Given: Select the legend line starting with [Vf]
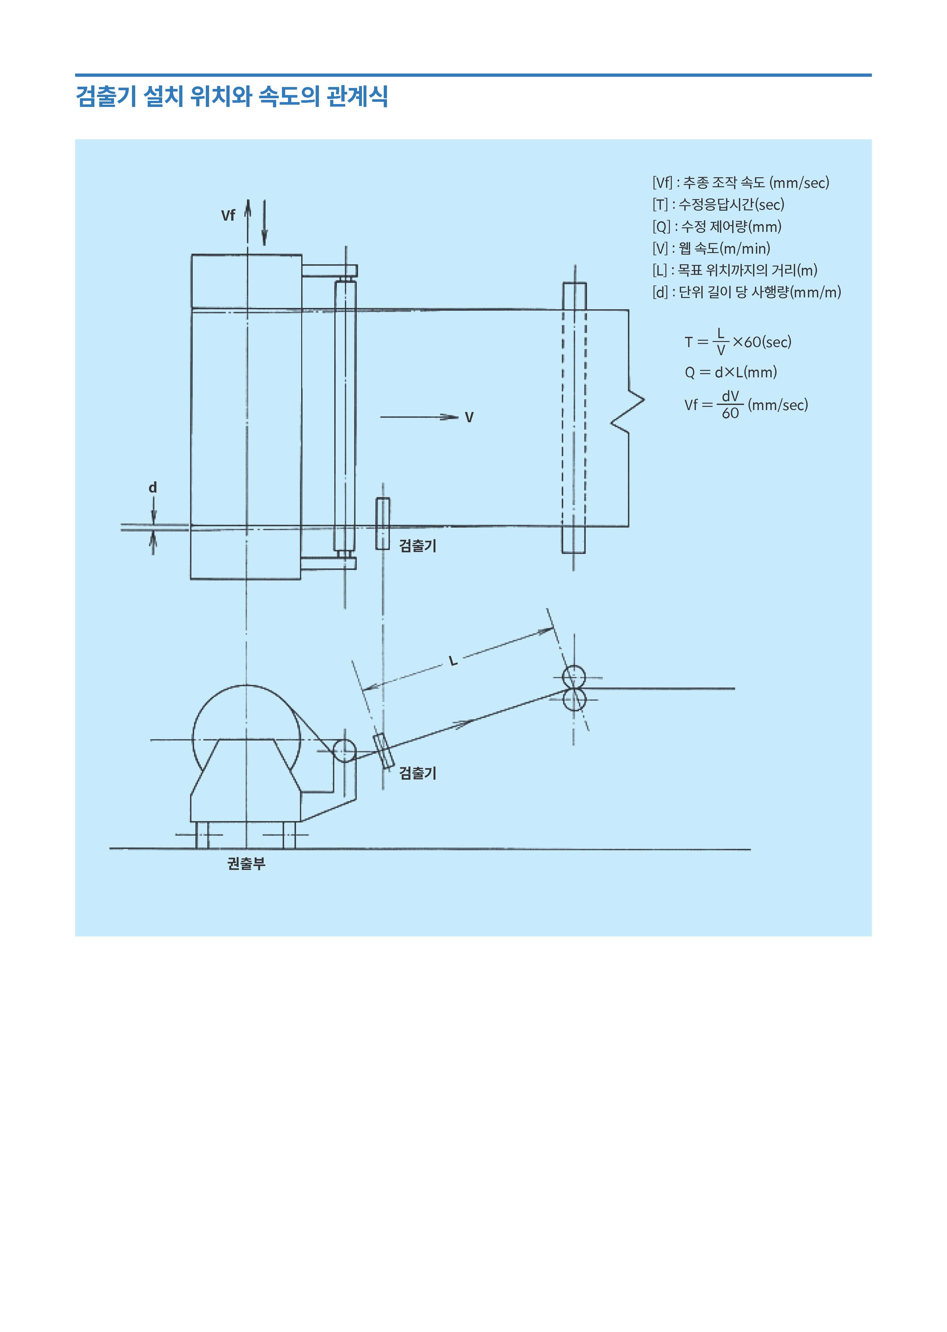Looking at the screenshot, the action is pos(741,182).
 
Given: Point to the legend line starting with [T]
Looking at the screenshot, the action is pos(718,204).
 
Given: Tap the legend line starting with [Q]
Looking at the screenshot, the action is pos(717,226).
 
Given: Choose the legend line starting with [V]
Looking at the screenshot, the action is pos(711,249).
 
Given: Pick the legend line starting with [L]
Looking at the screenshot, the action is pos(735,270).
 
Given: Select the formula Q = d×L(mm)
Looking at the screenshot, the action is pos(731,372).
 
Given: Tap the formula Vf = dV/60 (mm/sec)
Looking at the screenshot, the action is pos(746,405).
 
